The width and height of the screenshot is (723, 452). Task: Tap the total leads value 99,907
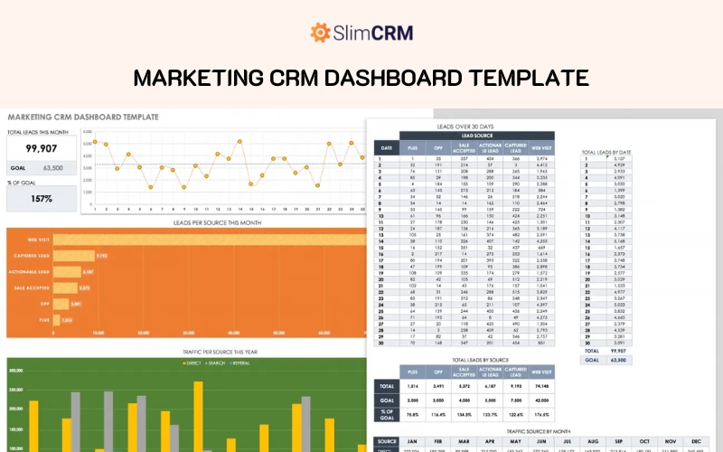point(42,148)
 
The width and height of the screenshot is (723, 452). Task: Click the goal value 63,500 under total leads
point(52,168)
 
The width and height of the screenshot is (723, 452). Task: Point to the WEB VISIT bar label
point(38,240)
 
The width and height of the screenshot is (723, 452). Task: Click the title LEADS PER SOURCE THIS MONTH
point(185,221)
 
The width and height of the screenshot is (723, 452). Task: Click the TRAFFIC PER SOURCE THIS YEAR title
point(185,352)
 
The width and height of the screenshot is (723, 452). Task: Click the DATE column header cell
point(386,146)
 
